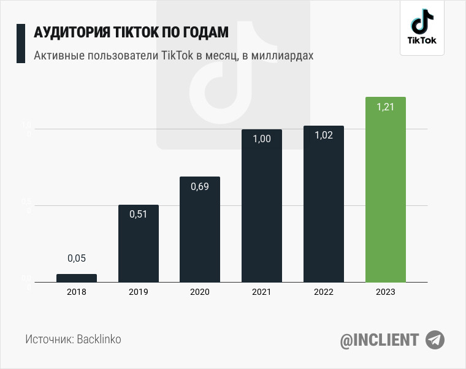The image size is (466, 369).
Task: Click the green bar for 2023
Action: click(385, 196)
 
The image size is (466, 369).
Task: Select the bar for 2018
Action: click(77, 278)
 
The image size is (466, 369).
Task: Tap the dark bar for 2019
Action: click(139, 245)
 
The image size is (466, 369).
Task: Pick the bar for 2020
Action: click(200, 233)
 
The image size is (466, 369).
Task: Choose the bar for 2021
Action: click(262, 208)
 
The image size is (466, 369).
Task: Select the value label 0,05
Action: click(77, 259)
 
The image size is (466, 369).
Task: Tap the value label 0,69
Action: click(200, 186)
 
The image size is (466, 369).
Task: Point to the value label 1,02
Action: click(324, 135)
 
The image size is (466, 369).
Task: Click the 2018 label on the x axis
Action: click(77, 292)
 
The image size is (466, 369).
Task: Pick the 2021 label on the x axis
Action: click(262, 292)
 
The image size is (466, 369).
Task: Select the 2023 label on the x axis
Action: click(385, 292)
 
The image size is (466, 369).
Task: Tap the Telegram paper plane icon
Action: click(435, 340)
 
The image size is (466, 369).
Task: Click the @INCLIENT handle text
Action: click(380, 340)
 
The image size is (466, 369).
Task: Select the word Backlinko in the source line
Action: click(99, 339)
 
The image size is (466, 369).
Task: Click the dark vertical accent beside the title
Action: click(20, 44)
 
